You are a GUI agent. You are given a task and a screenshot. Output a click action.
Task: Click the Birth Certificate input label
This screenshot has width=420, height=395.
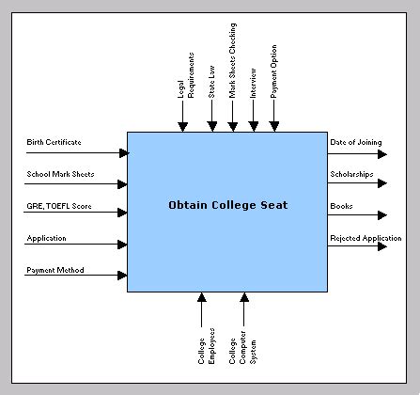[54, 143]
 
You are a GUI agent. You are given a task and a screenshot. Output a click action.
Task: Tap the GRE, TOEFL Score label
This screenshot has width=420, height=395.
[58, 206]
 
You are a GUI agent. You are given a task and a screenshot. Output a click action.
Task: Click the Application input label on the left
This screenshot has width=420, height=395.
[46, 238]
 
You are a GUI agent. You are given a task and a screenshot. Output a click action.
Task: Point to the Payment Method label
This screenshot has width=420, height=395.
[55, 270]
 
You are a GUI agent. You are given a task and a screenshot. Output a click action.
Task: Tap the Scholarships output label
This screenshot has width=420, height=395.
[351, 174]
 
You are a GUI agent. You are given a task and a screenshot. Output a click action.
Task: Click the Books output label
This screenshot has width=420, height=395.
[341, 205]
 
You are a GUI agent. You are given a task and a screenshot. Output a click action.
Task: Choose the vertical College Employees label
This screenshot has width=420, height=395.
[206, 345]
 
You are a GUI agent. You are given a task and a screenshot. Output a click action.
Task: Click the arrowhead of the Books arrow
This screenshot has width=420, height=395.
[381, 214]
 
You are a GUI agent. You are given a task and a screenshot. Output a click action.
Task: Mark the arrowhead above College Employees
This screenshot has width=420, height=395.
[201, 298]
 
